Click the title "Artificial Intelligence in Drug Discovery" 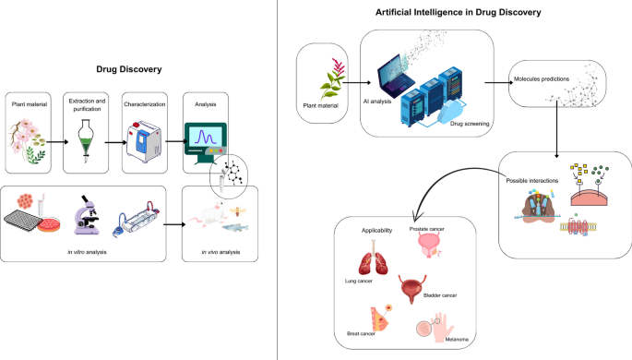click(x=458, y=12)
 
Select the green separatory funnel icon click(x=86, y=141)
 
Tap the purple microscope click(x=86, y=215)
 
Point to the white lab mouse click(x=208, y=214)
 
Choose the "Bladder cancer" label click(x=440, y=295)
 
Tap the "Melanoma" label click(x=457, y=340)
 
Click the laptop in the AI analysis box click(x=396, y=76)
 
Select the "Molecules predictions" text click(x=542, y=79)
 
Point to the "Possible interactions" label click(x=532, y=181)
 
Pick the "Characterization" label click(x=144, y=104)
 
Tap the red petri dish click(x=49, y=225)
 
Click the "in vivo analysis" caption click(x=221, y=252)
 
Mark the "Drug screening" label click(x=470, y=124)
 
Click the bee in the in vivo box click(x=238, y=210)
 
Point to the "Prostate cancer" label click(x=427, y=229)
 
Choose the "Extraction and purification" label click(x=87, y=105)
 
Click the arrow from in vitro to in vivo click(x=174, y=224)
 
